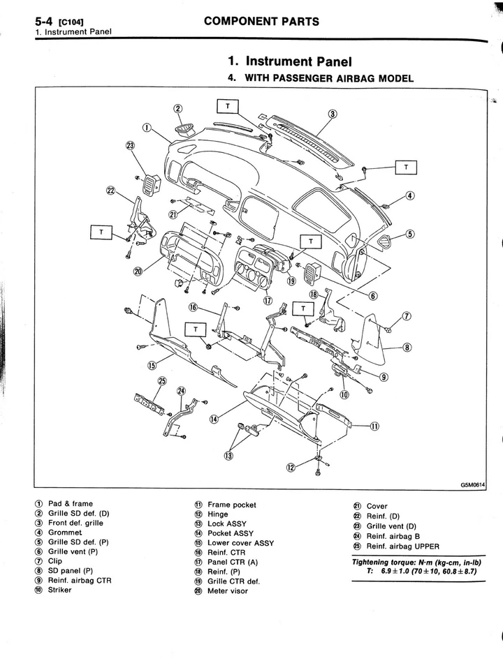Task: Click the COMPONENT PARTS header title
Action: point(261,21)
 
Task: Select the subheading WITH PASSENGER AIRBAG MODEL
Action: point(327,78)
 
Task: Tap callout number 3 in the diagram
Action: point(333,114)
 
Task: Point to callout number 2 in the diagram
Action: point(177,108)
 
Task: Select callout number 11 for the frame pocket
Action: point(374,426)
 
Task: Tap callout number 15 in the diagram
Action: point(152,365)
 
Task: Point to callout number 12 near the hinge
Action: point(291,467)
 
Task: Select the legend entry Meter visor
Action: point(227,590)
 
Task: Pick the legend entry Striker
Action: point(59,589)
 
